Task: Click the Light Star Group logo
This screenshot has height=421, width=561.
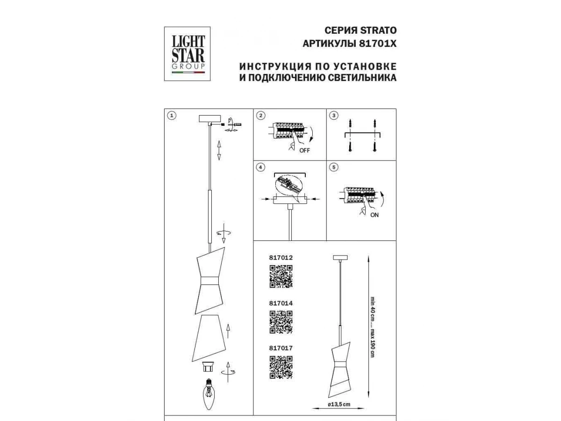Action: pyautogui.click(x=187, y=54)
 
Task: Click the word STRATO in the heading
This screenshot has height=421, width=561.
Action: pyautogui.click(x=378, y=30)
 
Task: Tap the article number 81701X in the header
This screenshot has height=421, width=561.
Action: pyautogui.click(x=378, y=44)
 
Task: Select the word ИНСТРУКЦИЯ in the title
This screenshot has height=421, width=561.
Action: pyautogui.click(x=275, y=66)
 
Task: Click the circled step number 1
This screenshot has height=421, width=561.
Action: pyautogui.click(x=172, y=116)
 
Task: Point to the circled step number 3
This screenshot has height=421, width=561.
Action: pyautogui.click(x=333, y=116)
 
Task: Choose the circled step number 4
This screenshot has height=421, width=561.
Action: pyautogui.click(x=260, y=167)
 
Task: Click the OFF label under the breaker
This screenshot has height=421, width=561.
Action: pyautogui.click(x=305, y=151)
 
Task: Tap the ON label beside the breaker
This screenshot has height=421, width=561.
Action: pyautogui.click(x=374, y=215)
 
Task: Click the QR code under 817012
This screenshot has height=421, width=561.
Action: pyautogui.click(x=281, y=276)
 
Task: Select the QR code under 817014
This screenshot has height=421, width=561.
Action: pyautogui.click(x=281, y=322)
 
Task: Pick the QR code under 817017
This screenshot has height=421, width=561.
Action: pyautogui.click(x=281, y=367)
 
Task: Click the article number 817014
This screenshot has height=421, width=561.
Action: pyautogui.click(x=281, y=304)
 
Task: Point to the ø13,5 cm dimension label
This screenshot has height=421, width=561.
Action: pyautogui.click(x=339, y=404)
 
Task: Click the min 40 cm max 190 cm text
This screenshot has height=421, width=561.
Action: pyautogui.click(x=373, y=327)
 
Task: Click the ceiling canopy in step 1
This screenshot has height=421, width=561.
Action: pyautogui.click(x=210, y=119)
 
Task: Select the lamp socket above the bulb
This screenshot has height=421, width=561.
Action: pyautogui.click(x=208, y=367)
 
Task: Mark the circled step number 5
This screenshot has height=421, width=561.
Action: pyautogui.click(x=333, y=167)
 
